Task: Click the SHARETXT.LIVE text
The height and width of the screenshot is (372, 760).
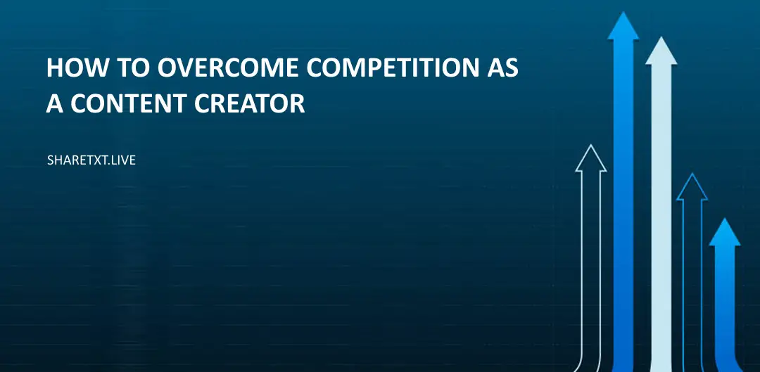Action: pyautogui.click(x=91, y=160)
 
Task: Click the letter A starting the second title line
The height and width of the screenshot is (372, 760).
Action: pyautogui.click(x=55, y=103)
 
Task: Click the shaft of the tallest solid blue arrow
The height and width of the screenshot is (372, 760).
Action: pyautogui.click(x=623, y=211)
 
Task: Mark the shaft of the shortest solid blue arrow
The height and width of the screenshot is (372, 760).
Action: pyautogui.click(x=724, y=309)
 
